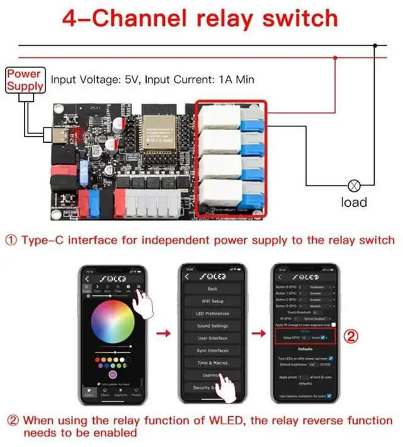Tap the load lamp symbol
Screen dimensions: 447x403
click(x=354, y=186)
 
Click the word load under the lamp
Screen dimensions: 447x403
click(x=354, y=202)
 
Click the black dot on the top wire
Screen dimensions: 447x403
click(x=376, y=45)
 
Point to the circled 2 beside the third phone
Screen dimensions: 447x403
click(x=353, y=337)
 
